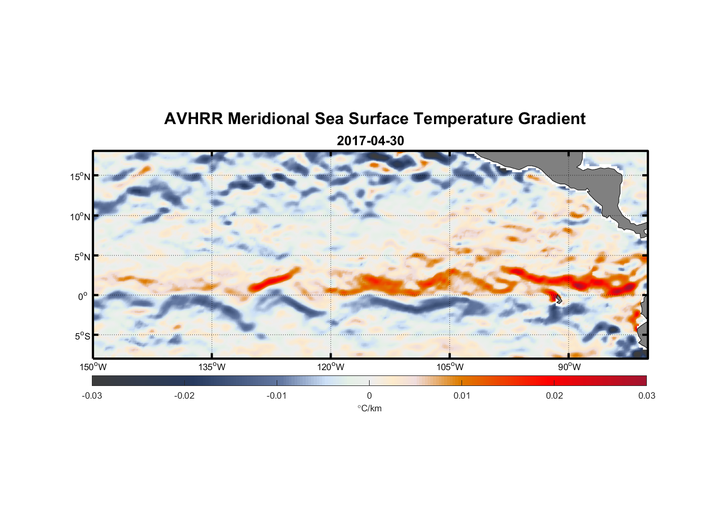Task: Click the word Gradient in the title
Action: tap(552, 119)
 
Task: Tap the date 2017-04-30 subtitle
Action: tap(370, 141)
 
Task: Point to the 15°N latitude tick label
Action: tap(80, 176)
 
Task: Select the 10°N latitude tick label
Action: tap(80, 216)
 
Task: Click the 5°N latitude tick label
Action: tap(82, 257)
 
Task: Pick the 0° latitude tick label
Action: tap(83, 296)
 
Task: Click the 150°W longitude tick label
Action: tap(93, 367)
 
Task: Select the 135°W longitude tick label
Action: tap(212, 367)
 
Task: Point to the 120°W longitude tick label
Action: tap(331, 367)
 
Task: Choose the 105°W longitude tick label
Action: tap(450, 367)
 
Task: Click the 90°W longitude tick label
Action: tap(569, 367)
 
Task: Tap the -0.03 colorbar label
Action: tap(92, 395)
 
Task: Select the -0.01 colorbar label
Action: tap(277, 395)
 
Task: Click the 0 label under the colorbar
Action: tap(369, 395)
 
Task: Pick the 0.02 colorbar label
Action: tap(554, 395)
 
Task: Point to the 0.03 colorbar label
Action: tap(646, 395)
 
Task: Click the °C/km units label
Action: tap(370, 408)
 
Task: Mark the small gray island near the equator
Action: tap(558, 299)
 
